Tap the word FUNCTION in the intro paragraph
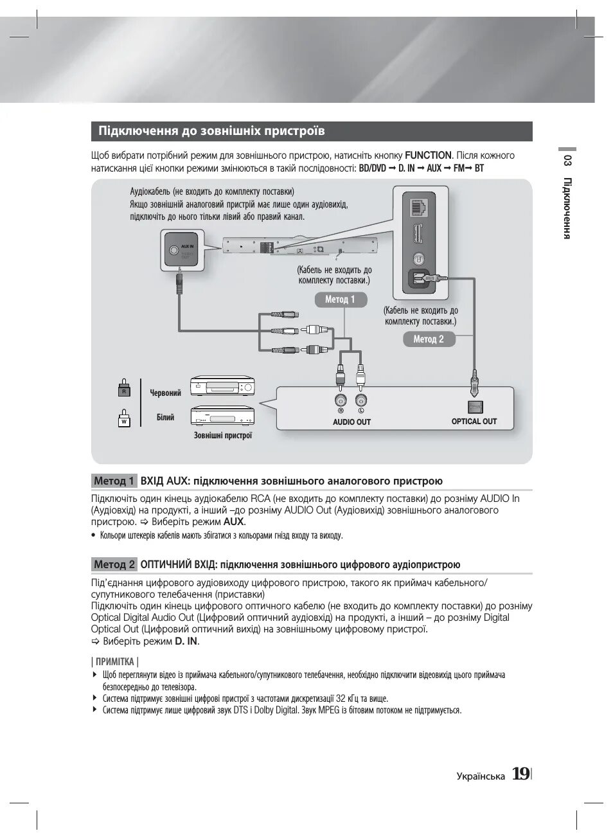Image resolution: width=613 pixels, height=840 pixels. point(428,156)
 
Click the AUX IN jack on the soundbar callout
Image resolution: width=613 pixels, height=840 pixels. point(172,251)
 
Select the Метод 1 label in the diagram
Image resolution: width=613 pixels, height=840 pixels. point(340,299)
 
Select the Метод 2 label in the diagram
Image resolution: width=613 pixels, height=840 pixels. point(429,339)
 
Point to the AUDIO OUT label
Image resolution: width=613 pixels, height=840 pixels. point(351,422)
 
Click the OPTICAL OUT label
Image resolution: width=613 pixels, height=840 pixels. point(474,422)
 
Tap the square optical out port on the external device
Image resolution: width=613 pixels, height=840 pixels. point(475,406)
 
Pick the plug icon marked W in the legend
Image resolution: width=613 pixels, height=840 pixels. point(125,418)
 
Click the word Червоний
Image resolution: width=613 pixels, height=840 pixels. point(166,393)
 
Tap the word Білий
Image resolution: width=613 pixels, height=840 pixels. point(166,418)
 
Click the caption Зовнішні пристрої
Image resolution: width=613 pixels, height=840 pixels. point(223,436)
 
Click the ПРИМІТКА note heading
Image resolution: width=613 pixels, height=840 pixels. point(115,662)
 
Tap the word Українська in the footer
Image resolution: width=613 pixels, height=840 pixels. point(481,776)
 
